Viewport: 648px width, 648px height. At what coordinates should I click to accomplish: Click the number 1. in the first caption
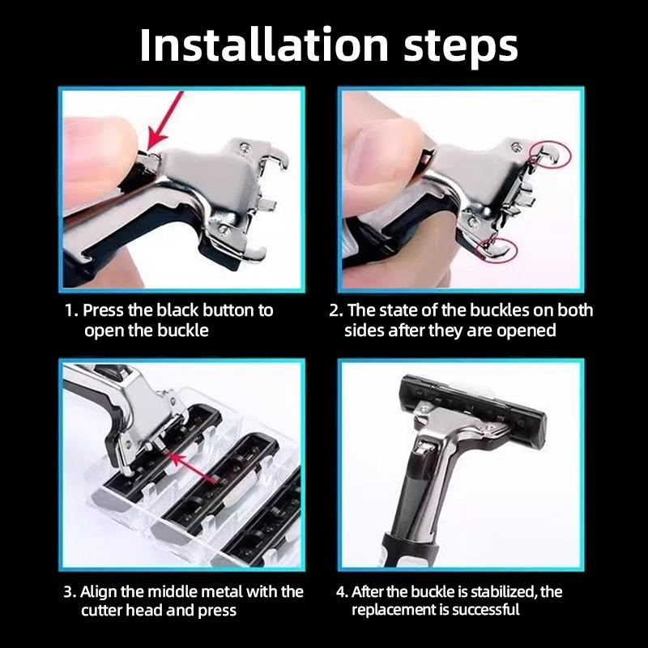tap(71, 310)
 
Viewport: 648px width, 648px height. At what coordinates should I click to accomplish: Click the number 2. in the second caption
tap(336, 310)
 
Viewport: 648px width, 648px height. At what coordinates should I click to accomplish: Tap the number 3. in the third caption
tap(70, 591)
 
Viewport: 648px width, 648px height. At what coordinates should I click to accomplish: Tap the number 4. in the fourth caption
tap(342, 591)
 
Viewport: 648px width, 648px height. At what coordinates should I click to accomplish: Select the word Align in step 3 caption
tap(103, 591)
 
